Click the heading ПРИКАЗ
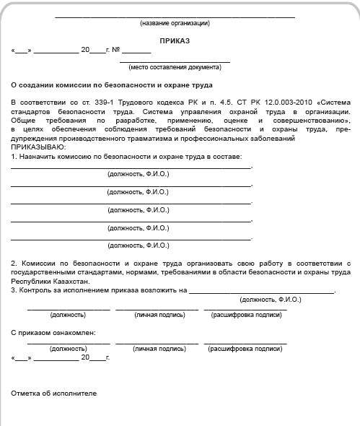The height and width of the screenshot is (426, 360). point(175,41)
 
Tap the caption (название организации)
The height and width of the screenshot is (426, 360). point(175,24)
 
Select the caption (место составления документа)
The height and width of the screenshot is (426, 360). point(175,67)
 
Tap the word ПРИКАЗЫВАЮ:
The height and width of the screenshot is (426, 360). point(36,147)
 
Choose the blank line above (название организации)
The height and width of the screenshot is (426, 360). point(175,17)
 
